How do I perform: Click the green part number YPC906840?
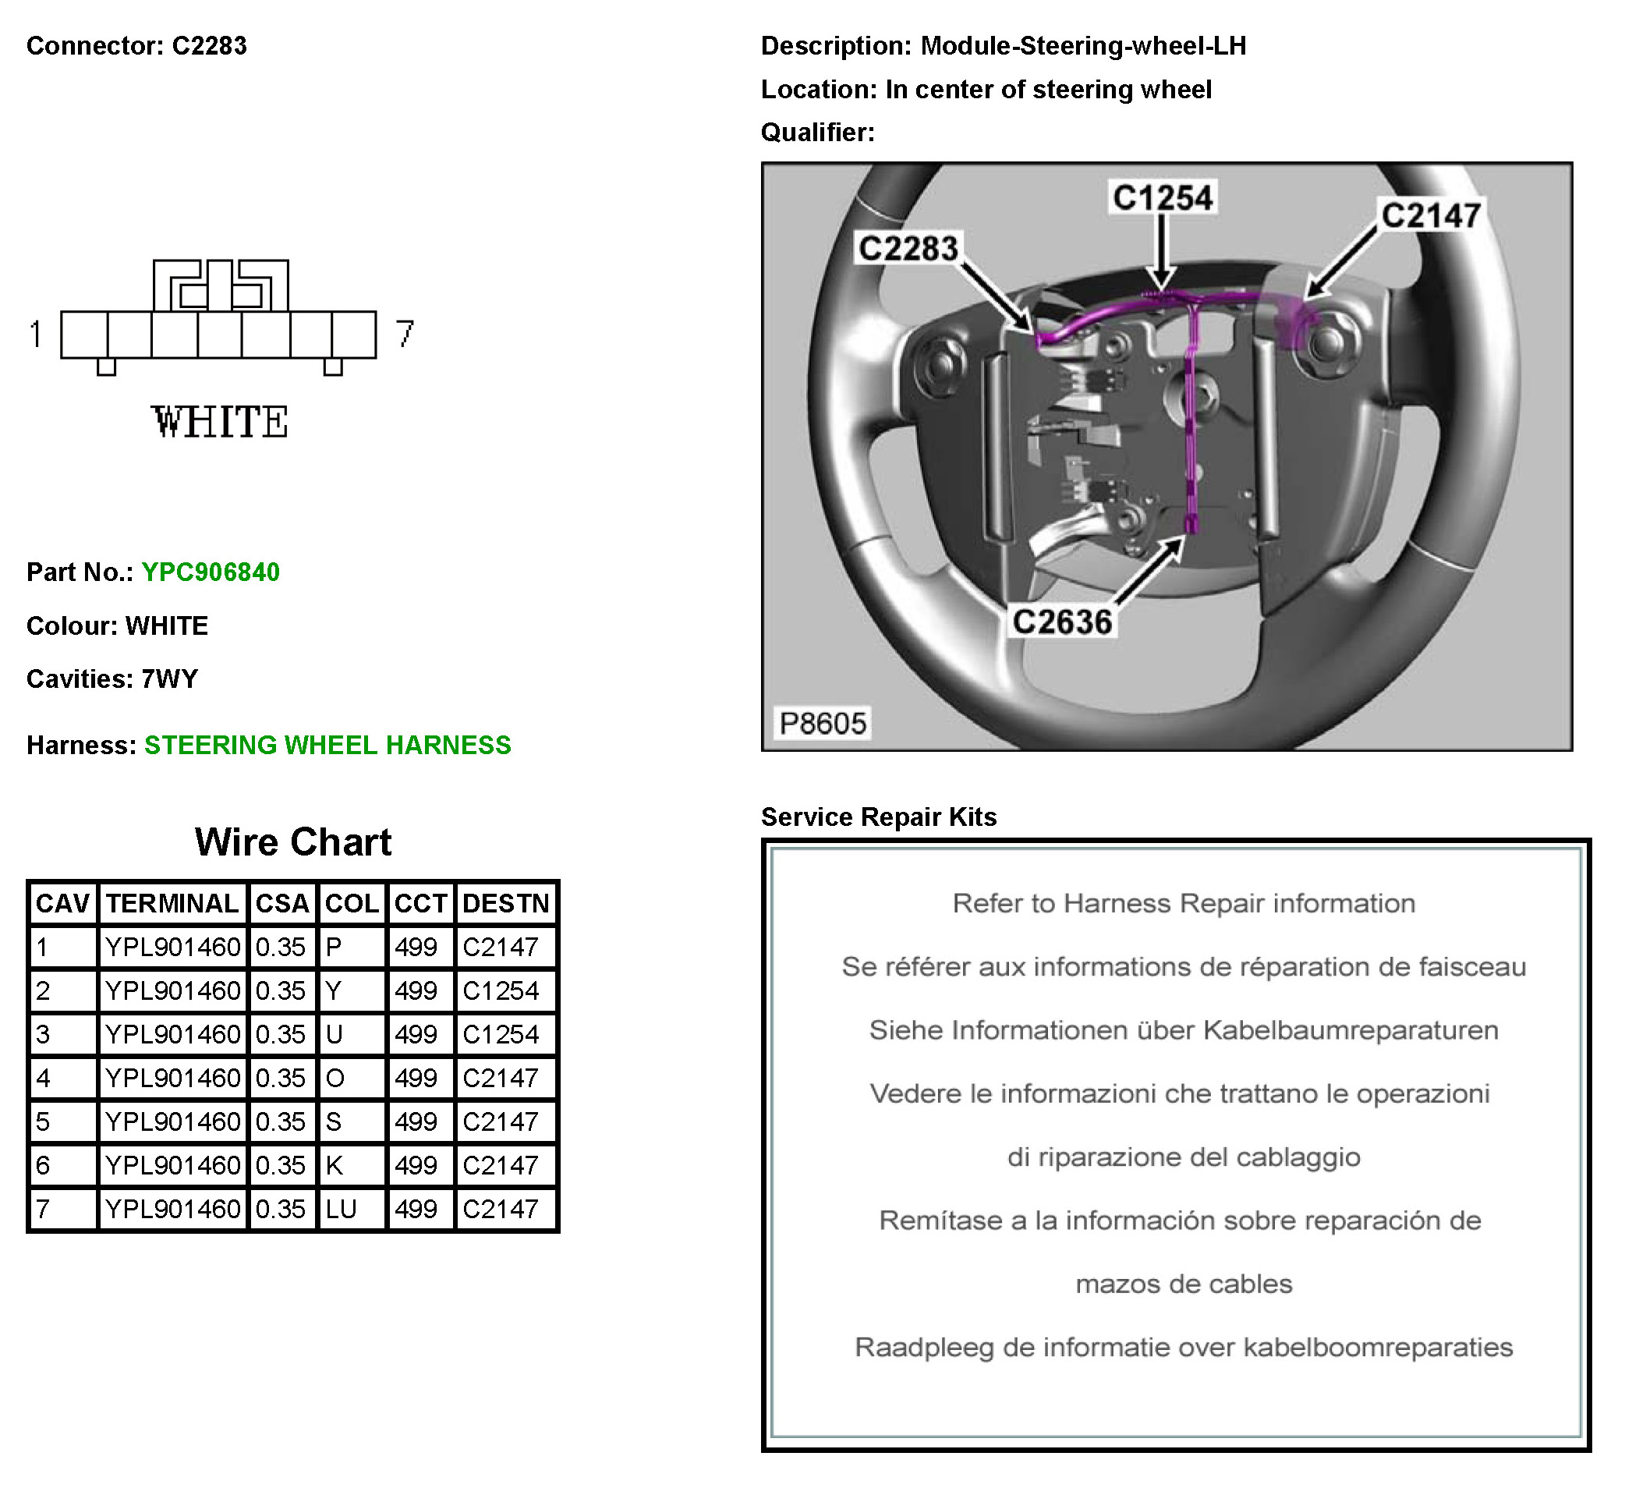(211, 572)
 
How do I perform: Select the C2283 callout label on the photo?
(908, 248)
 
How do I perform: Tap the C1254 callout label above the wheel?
(1163, 198)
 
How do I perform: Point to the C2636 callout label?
(1062, 622)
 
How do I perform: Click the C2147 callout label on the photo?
(1431, 216)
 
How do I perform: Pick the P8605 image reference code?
(822, 723)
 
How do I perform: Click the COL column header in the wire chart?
(352, 904)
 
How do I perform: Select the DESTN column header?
(505, 904)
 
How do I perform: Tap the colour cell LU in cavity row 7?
(341, 1209)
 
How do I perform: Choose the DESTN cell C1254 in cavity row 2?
(501, 990)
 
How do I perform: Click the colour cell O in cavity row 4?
(335, 1079)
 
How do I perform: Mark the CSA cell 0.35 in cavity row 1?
(281, 947)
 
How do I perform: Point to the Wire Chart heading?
(292, 842)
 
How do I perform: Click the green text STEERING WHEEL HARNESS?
(327, 745)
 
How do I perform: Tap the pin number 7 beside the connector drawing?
(405, 334)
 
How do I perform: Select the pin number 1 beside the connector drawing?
(35, 334)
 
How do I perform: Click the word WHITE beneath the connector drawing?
(219, 423)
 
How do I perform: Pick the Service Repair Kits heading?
(879, 817)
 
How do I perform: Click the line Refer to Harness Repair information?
(1184, 904)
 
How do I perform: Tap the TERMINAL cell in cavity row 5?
(172, 1122)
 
